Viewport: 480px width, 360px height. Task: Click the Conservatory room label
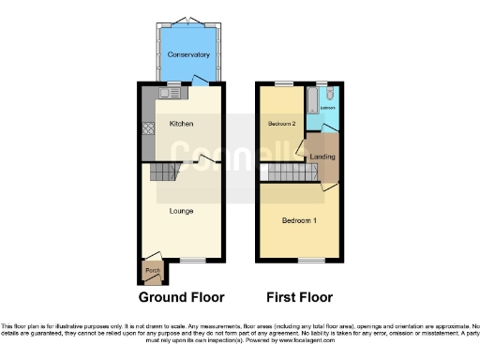click(182, 54)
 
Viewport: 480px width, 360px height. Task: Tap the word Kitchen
click(181, 123)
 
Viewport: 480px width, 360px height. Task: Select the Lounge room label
click(181, 211)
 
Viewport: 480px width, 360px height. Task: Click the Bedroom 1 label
click(300, 220)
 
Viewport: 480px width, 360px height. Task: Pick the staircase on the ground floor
click(165, 172)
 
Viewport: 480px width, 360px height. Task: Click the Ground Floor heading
click(181, 297)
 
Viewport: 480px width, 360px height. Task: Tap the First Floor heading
click(300, 297)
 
